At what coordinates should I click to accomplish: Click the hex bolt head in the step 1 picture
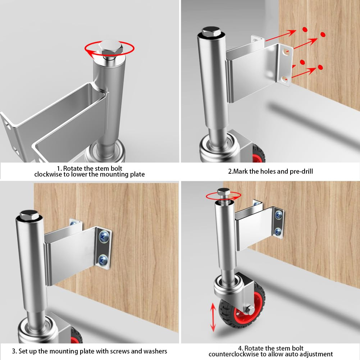tap(110, 48)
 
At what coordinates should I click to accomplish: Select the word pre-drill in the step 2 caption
tap(301, 172)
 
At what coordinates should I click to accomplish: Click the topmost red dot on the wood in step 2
tap(305, 29)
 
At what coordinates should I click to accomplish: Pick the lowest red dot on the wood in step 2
tap(320, 67)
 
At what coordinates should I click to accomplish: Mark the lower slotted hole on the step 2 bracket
tap(284, 79)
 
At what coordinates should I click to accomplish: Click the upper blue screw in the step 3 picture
tap(104, 236)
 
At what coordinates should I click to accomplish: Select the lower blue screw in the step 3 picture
tap(103, 260)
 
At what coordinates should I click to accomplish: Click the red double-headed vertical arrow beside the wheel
tap(213, 317)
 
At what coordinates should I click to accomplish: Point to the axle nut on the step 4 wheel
tap(250, 310)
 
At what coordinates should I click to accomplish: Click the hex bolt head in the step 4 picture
tap(223, 192)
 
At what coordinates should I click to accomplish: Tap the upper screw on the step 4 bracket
tap(279, 215)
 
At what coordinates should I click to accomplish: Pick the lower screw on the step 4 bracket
tap(278, 232)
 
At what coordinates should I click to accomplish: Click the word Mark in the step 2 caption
tap(240, 171)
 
